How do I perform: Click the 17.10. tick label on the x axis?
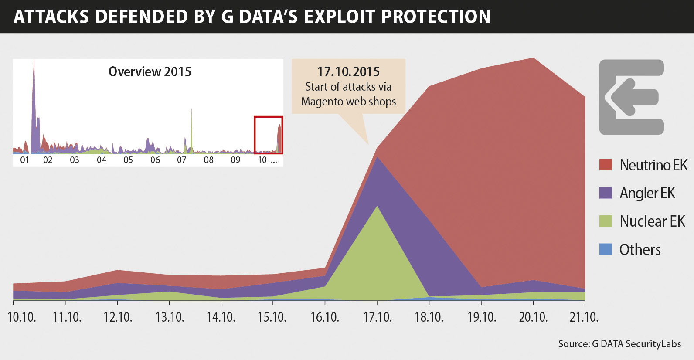(x=378, y=317)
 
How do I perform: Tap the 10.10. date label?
(x=22, y=317)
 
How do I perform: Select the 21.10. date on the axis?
(x=584, y=317)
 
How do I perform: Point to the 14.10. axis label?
(x=221, y=317)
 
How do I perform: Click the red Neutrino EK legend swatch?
(x=606, y=165)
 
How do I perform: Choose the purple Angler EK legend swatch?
(x=606, y=193)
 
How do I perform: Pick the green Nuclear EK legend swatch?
(x=606, y=221)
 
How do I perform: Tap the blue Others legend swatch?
(x=606, y=249)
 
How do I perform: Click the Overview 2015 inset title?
(x=150, y=71)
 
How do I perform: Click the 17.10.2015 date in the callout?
(x=348, y=71)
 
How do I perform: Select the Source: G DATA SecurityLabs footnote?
(x=619, y=344)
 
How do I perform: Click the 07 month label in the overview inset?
(x=182, y=160)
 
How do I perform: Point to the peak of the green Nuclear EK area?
(x=378, y=207)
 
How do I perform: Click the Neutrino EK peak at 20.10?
(x=533, y=59)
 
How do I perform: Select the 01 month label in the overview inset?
(x=24, y=160)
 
